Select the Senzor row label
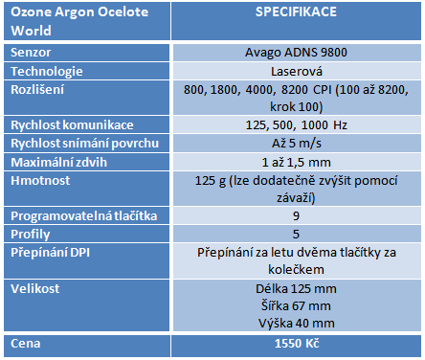(x=31, y=52)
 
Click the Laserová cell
(x=295, y=72)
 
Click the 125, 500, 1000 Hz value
(x=295, y=125)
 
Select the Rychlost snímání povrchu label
(x=79, y=144)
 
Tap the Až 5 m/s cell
(x=295, y=144)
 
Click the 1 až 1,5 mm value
(x=295, y=162)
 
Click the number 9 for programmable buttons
(x=295, y=215)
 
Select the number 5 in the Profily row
(x=295, y=234)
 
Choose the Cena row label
(x=26, y=342)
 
